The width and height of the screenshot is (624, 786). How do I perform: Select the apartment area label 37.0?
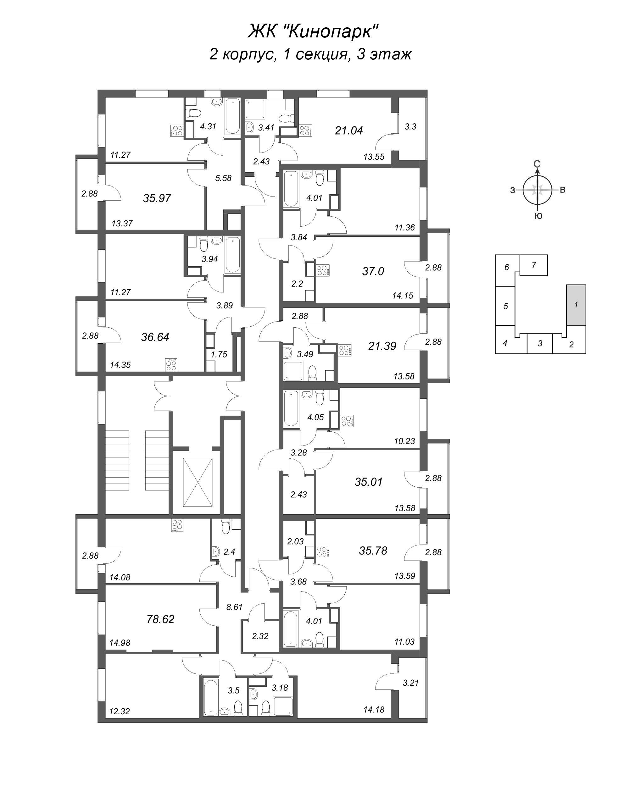pos(373,271)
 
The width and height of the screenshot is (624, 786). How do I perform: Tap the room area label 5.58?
pos(224,178)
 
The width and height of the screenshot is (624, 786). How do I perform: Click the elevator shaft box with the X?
pos(198,482)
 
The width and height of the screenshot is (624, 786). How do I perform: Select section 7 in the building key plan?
pos(533,265)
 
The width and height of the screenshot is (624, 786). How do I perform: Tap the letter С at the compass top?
pos(537,164)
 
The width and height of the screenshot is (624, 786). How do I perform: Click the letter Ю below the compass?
pos(538,216)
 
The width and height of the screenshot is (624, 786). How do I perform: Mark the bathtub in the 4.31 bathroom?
pos(232,117)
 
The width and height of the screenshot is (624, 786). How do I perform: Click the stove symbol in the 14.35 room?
pos(171,365)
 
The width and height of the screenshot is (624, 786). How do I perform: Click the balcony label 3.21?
pos(410,683)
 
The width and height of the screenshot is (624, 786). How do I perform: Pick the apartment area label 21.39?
pos(382,346)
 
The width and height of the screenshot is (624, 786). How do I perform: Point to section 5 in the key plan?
pos(505,306)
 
